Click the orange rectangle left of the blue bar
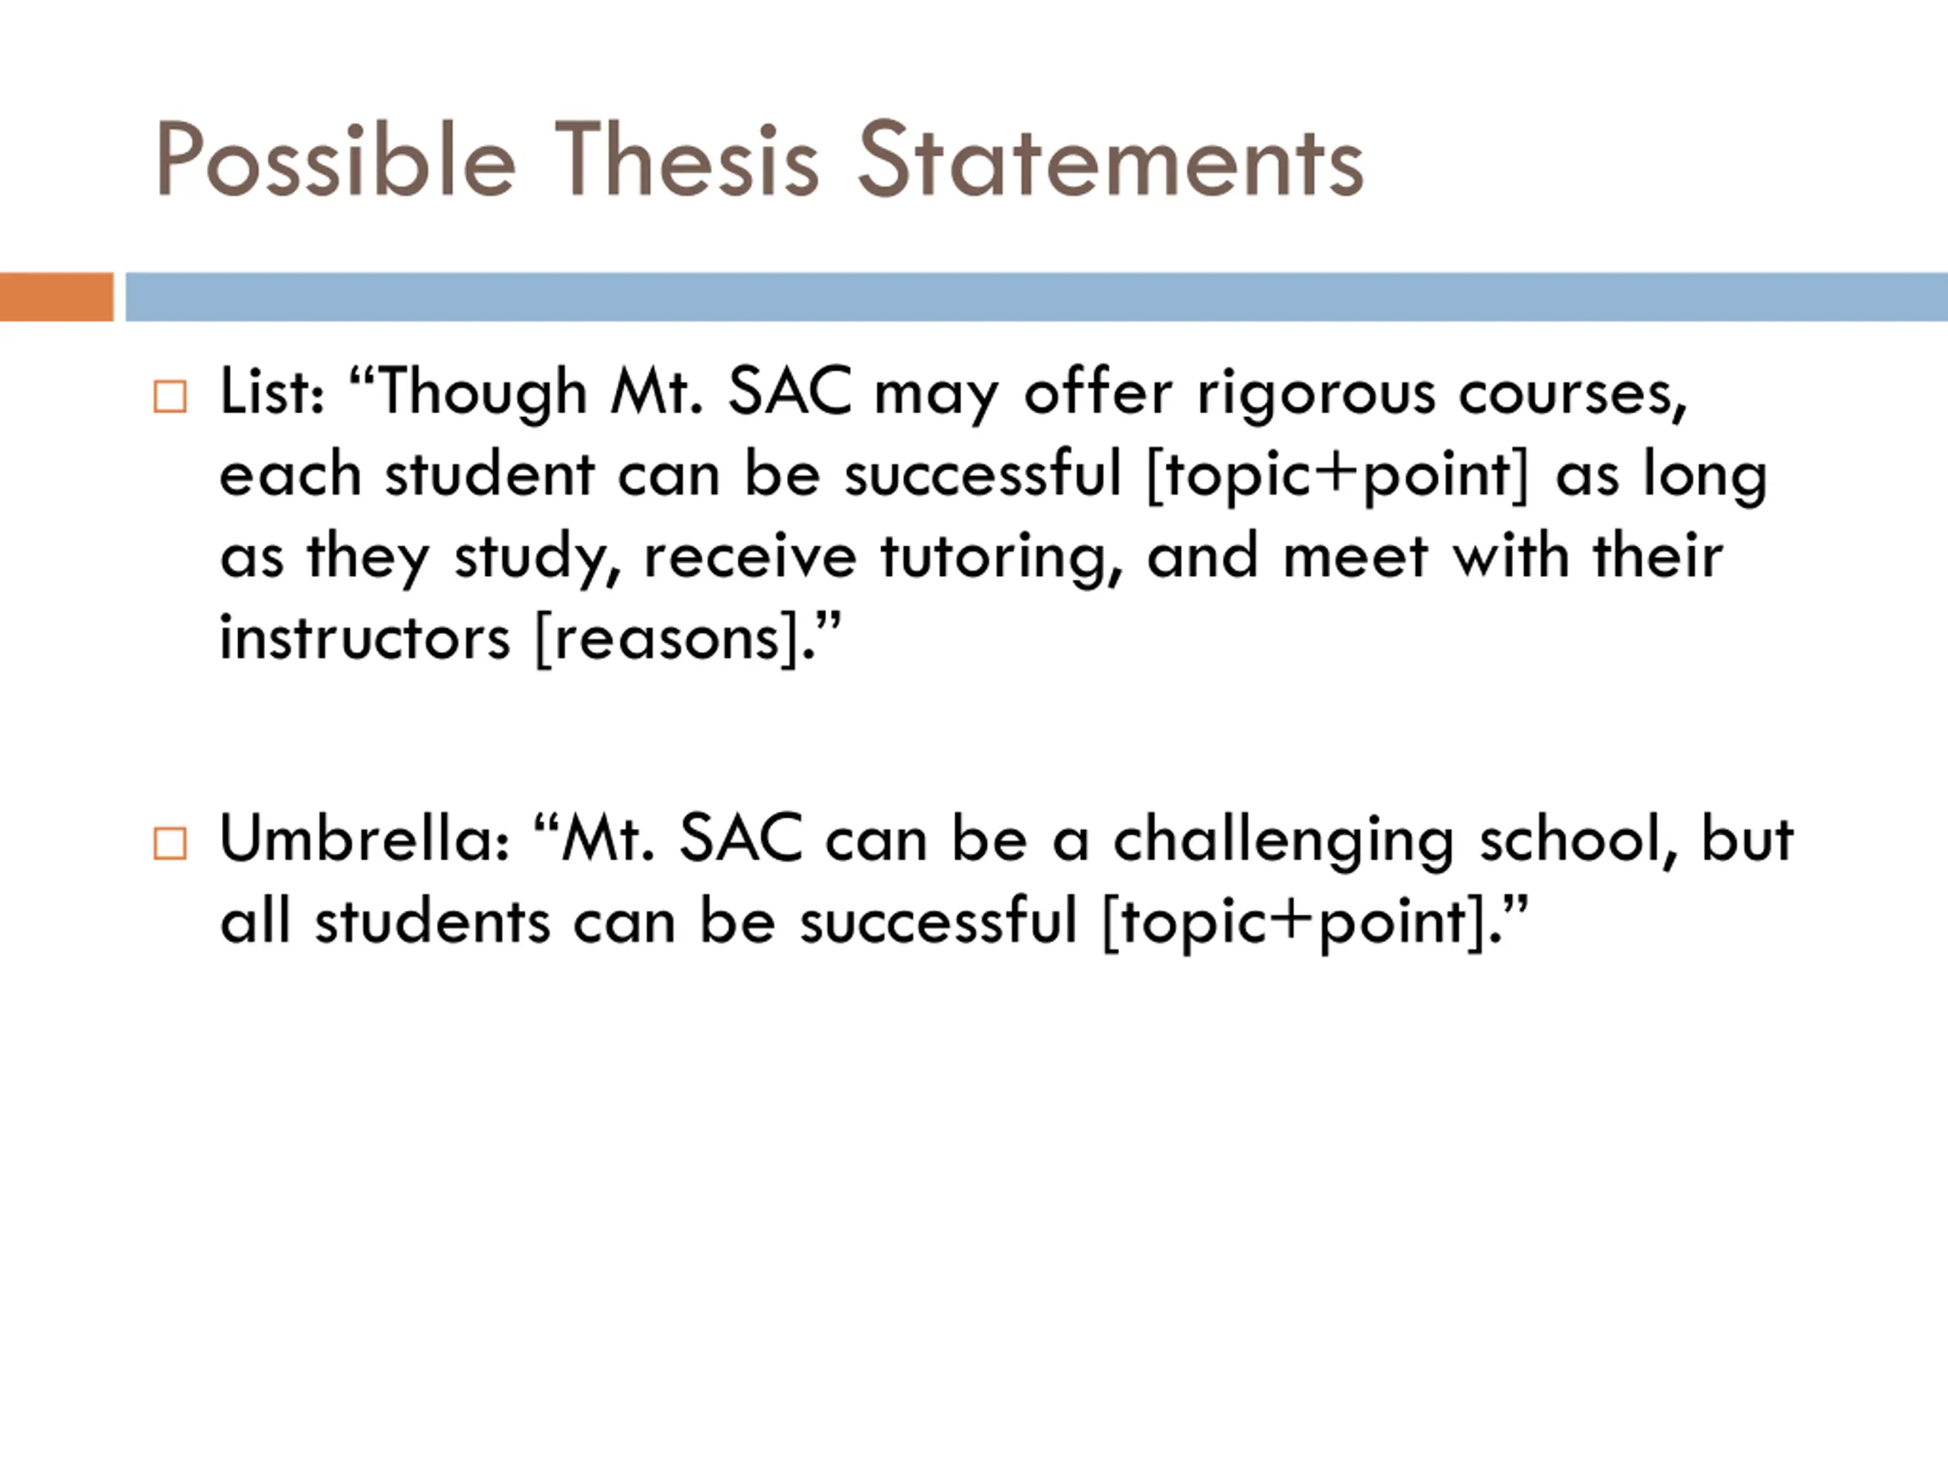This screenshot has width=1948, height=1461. click(x=56, y=297)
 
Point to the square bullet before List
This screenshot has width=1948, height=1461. click(x=170, y=396)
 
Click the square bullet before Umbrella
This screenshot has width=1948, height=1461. click(x=170, y=843)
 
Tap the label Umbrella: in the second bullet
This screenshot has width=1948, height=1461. click(x=364, y=839)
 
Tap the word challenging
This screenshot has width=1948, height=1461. click(x=1283, y=842)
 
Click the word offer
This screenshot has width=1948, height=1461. click(x=1099, y=392)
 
